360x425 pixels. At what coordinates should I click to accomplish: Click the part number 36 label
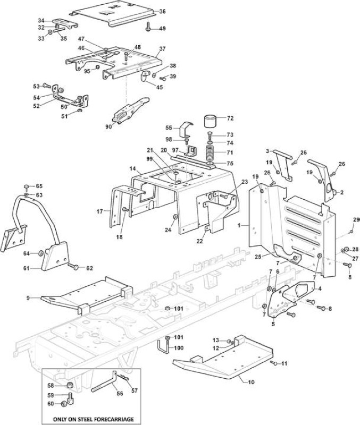[x=162, y=12]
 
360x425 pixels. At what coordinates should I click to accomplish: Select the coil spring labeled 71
[x=211, y=154]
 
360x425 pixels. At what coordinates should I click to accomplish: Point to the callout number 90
[x=109, y=126]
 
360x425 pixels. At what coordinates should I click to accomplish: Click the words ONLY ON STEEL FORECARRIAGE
[x=93, y=419]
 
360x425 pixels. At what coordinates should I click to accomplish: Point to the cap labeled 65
[x=27, y=186]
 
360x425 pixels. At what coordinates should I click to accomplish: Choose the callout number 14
[x=132, y=168]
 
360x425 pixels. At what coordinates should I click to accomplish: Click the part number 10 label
[x=251, y=382]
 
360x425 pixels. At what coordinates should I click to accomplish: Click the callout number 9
[x=28, y=298]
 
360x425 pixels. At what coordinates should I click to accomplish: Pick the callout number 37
[x=162, y=49]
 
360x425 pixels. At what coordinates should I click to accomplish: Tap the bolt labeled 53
[x=47, y=86]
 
